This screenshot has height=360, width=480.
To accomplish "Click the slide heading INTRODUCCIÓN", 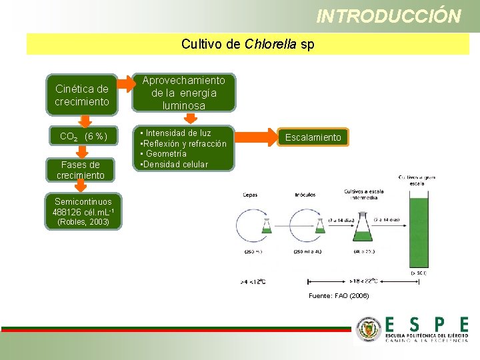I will tap(389, 16).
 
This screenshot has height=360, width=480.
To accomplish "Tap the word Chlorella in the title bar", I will tap(271, 45).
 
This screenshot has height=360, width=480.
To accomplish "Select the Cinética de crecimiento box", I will tap(82, 95).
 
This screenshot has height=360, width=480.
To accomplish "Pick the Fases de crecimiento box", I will tap(82, 170).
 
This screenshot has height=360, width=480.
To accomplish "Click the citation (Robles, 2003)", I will tap(83, 222).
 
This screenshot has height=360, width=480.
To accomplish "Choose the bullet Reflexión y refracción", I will tap(185, 144).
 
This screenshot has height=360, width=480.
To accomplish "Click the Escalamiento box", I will tap(313, 137).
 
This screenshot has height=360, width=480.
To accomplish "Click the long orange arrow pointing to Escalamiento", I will tap(255, 137).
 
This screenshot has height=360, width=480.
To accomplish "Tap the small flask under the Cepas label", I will tap(267, 225).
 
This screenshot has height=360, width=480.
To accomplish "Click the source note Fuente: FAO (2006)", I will tap(338, 295).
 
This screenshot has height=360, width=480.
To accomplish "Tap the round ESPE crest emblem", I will tap(369, 329).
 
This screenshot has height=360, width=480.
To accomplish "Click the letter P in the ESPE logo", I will tap(437, 325).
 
